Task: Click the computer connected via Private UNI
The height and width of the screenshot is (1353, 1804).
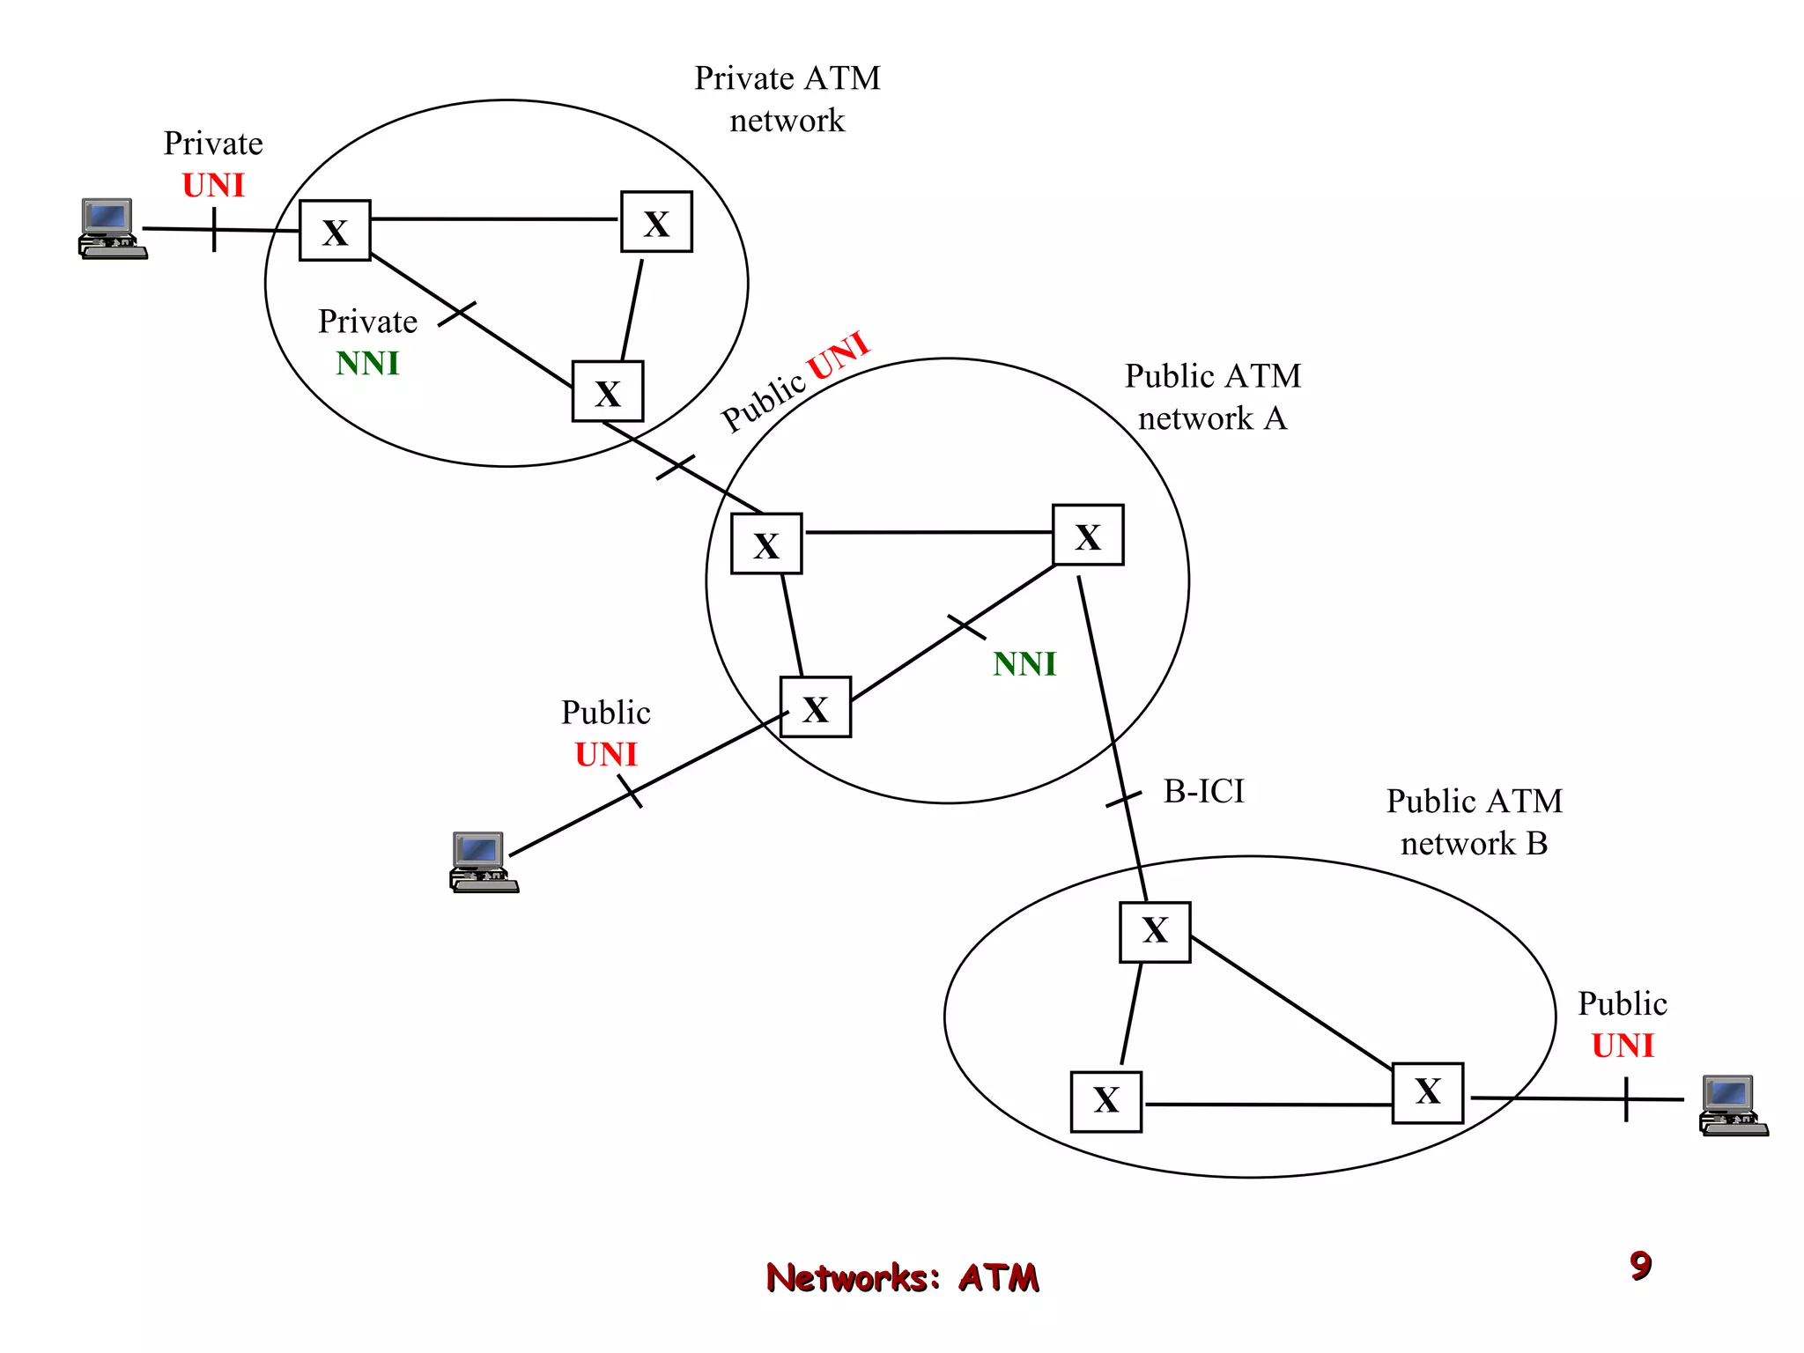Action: (x=113, y=229)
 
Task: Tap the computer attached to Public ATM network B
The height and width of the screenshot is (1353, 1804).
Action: (x=1734, y=1105)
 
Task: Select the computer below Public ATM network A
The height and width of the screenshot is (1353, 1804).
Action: (x=484, y=862)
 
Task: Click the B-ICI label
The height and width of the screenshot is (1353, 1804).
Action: (x=1203, y=791)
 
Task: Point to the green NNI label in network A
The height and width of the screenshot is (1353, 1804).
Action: (x=1024, y=664)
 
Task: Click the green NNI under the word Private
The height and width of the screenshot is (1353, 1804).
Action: (x=367, y=363)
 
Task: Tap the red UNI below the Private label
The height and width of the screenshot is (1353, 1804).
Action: (x=213, y=185)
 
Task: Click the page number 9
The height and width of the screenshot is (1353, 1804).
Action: (x=1640, y=1266)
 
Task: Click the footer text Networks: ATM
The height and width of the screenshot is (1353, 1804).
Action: (x=902, y=1277)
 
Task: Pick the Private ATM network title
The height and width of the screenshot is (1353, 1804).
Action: (x=787, y=99)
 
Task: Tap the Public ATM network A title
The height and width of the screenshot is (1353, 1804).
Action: (x=1212, y=396)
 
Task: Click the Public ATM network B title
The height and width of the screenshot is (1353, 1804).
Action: (x=1474, y=822)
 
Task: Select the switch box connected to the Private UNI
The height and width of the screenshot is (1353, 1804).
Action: (x=335, y=231)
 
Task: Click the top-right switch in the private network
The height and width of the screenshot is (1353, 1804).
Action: (x=656, y=222)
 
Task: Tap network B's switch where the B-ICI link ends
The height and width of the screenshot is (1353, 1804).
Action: (x=1155, y=932)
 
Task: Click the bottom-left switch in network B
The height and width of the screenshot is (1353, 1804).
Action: (x=1106, y=1101)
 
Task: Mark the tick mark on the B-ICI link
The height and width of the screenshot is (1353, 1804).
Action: (x=1123, y=799)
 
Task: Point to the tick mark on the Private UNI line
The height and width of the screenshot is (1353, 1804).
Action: (x=214, y=230)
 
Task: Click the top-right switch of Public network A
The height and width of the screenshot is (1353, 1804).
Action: (x=1088, y=535)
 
